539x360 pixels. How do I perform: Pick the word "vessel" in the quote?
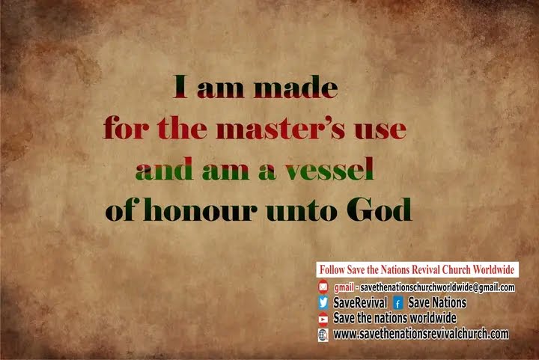pos(329,168)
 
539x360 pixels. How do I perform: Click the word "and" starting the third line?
pos(164,168)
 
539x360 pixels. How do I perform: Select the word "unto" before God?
pos(302,210)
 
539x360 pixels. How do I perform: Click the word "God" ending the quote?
pos(379,210)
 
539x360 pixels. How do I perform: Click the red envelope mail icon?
pos(323,286)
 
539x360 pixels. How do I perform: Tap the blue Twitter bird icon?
pos(323,302)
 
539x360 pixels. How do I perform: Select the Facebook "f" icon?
pos(398,303)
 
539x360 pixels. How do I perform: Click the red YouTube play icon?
pos(323,319)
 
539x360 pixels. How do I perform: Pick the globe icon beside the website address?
pos(323,335)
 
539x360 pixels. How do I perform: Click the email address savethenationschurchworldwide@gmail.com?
pos(438,287)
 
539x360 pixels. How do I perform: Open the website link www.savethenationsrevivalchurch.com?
pos(421,334)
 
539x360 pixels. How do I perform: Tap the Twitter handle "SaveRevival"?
pos(360,302)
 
